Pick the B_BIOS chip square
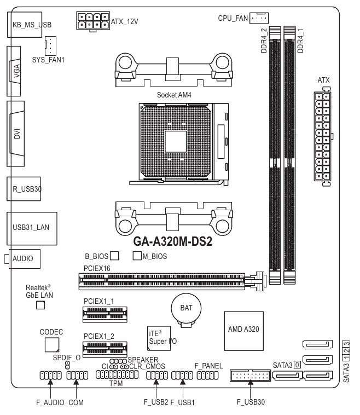click(115, 255)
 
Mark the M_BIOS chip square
click(137, 255)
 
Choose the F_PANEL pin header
click(208, 376)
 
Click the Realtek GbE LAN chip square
click(40, 304)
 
